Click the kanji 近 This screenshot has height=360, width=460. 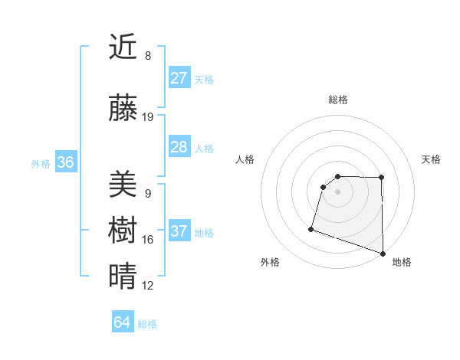tap(123, 47)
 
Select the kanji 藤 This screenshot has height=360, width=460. tap(123, 109)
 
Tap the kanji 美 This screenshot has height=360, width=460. tap(123, 184)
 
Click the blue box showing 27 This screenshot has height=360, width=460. tap(179, 78)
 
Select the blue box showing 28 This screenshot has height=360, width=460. tap(179, 147)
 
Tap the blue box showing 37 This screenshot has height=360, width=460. tap(179, 231)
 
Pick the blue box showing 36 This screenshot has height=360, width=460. tap(65, 162)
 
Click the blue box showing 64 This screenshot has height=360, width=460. tap(122, 322)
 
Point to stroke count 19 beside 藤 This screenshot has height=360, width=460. tap(148, 117)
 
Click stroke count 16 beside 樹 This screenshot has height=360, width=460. tap(148, 240)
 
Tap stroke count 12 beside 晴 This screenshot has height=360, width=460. tap(148, 286)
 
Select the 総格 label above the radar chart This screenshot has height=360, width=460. tap(338, 100)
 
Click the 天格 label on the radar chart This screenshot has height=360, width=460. tap(431, 159)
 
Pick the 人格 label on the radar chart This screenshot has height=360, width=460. tap(245, 159)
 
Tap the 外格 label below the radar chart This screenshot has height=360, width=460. tap(270, 262)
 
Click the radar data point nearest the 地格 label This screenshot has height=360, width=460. tap(383, 253)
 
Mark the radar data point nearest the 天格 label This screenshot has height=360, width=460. tap(382, 178)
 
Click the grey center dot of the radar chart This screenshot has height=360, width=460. tap(337, 191)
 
